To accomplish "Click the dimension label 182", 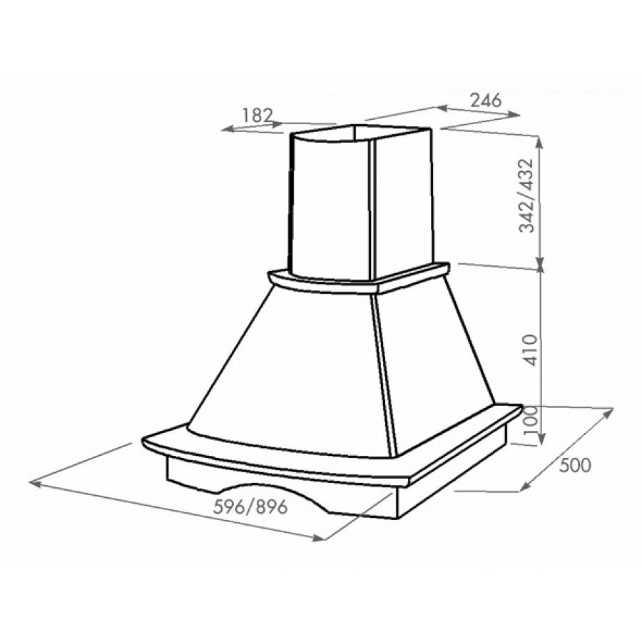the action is coord(258,115).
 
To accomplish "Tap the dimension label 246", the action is coord(485,100).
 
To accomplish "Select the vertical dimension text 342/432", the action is coord(527,195).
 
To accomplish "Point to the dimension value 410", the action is coord(530,350).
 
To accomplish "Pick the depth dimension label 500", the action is coord(575,466).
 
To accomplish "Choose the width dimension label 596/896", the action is coord(250,507).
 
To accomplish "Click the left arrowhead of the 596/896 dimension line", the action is coord(34,484).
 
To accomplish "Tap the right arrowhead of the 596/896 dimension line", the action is coord(319,538).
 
